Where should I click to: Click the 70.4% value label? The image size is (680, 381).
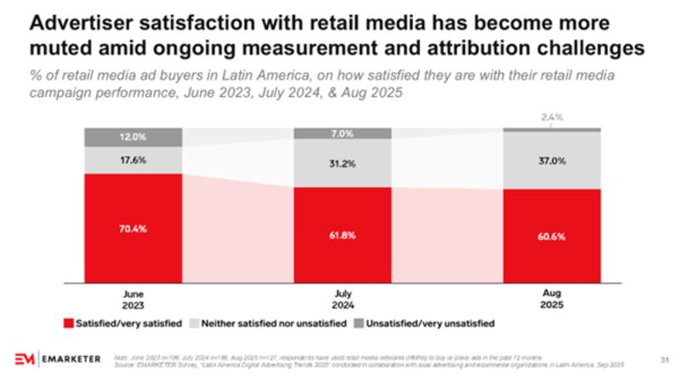pyautogui.click(x=133, y=229)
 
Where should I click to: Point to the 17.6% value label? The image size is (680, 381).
pyautogui.click(x=133, y=157)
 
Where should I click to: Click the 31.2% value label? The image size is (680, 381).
pyautogui.click(x=343, y=164)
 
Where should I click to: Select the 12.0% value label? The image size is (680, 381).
pyautogui.click(x=133, y=136)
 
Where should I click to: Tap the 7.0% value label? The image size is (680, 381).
pyautogui.click(x=343, y=134)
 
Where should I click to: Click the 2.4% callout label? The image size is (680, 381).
pyautogui.click(x=552, y=116)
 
